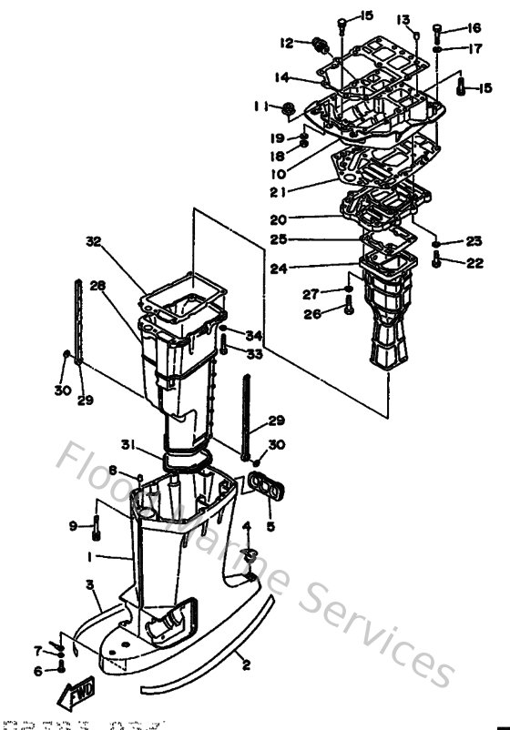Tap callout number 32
tap(94, 242)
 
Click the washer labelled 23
tap(437, 244)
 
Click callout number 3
tap(90, 583)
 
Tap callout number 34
tap(254, 335)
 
